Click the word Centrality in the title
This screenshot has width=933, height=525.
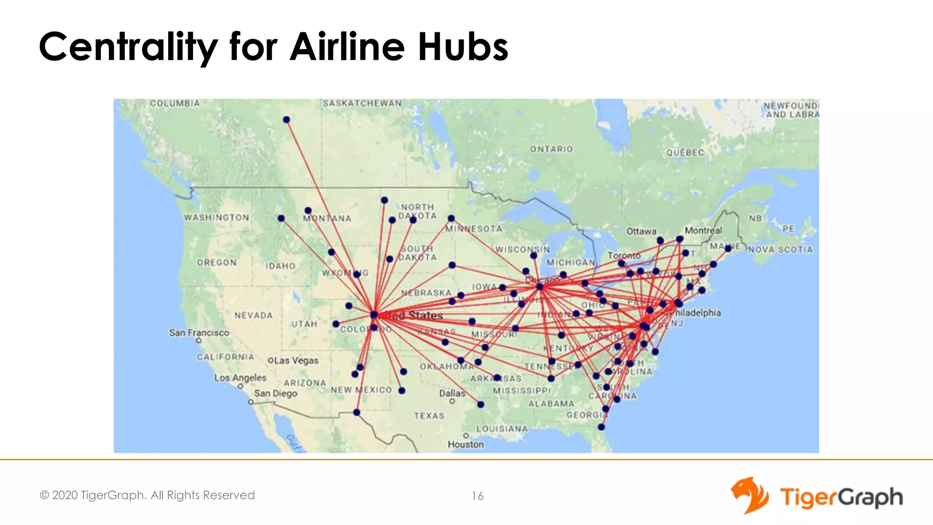128,47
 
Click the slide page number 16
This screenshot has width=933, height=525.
477,496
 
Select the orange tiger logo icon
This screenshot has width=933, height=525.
749,495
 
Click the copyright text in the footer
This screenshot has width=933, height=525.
147,495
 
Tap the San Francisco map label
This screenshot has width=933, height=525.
199,333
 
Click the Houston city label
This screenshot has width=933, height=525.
466,444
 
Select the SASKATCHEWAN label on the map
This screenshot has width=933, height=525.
362,103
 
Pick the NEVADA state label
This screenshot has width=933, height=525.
254,315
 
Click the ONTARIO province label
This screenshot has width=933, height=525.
551,149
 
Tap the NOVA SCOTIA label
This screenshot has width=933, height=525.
780,250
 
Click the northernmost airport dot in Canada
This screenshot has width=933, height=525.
287,120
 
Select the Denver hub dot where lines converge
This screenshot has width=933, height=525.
374,314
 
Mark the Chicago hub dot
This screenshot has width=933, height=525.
540,287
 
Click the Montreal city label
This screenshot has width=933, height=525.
703,231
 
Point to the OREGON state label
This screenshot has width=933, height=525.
217,263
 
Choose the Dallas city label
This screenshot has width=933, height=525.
452,393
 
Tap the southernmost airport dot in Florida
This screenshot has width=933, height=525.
601,427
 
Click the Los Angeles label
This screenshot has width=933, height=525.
241,378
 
